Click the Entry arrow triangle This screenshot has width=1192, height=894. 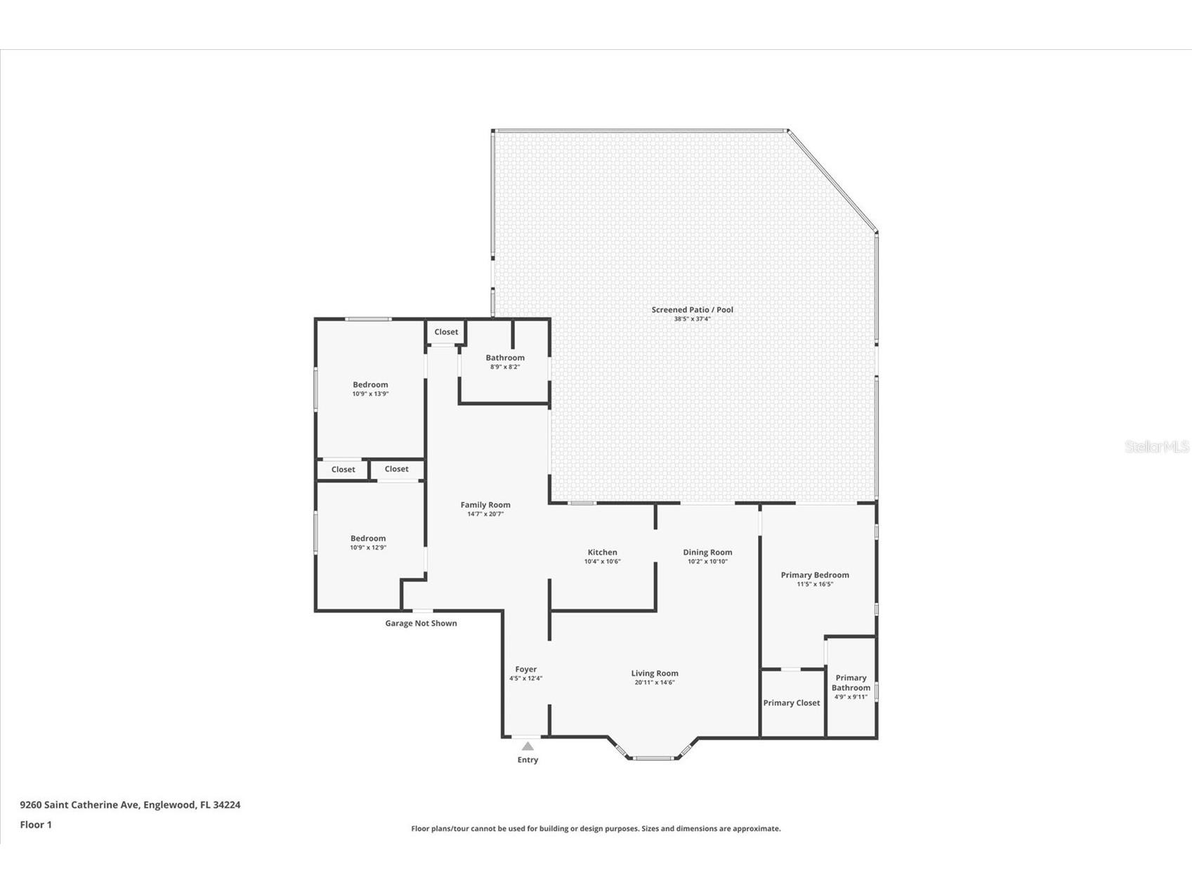pos(528,746)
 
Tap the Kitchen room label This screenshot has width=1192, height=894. pos(602,552)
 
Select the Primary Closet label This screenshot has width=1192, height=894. pos(792,703)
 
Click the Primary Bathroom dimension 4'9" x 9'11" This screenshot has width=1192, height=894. pos(851,697)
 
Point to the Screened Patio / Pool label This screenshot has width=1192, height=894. pos(692,310)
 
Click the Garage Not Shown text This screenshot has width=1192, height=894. pos(421,623)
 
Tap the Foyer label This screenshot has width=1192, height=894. pos(525,670)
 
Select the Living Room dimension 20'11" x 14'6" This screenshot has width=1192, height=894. pos(654,682)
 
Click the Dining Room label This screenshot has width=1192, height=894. pos(707,552)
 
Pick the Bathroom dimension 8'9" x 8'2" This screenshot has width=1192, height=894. pos(504,367)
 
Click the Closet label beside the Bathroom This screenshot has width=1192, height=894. pos(446,332)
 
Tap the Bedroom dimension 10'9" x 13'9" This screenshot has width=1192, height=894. pos(370,394)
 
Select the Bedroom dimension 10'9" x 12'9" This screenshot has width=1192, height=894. pos(368,548)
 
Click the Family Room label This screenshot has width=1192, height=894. pos(485,505)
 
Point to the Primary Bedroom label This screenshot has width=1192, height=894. pos(815,575)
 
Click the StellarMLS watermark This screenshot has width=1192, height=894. pos(1156,446)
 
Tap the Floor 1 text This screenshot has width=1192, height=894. pos(36,824)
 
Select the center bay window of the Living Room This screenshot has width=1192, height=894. pos(653,758)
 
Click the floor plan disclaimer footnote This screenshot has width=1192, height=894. pos(596,829)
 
